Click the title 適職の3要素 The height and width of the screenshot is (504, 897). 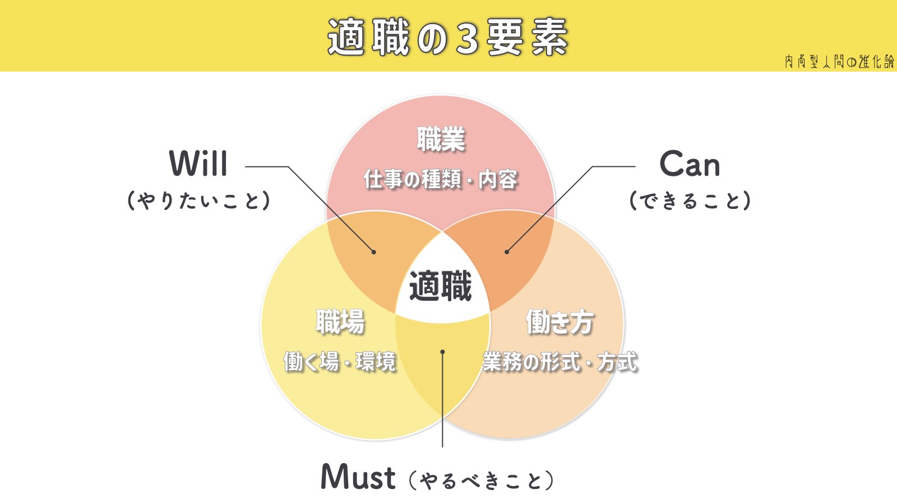(x=447, y=37)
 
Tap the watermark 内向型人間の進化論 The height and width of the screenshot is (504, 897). (x=839, y=61)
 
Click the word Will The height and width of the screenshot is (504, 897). (x=198, y=164)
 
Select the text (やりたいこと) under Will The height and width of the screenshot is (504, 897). (x=198, y=200)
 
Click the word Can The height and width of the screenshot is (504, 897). (x=690, y=164)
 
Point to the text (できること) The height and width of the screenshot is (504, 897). (x=690, y=200)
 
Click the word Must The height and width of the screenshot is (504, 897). (x=358, y=477)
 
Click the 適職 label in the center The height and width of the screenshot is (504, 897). (x=441, y=286)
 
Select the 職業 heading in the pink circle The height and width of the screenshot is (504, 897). (x=441, y=139)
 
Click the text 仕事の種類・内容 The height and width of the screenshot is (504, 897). (x=441, y=180)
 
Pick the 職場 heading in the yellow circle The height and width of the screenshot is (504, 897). (x=340, y=322)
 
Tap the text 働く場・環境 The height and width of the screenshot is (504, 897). (x=340, y=362)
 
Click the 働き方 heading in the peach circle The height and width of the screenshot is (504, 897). (x=560, y=322)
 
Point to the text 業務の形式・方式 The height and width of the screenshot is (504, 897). (x=560, y=362)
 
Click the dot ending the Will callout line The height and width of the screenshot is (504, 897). (x=374, y=252)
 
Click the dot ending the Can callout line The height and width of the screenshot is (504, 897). (x=507, y=252)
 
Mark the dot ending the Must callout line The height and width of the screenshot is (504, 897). (x=442, y=352)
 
